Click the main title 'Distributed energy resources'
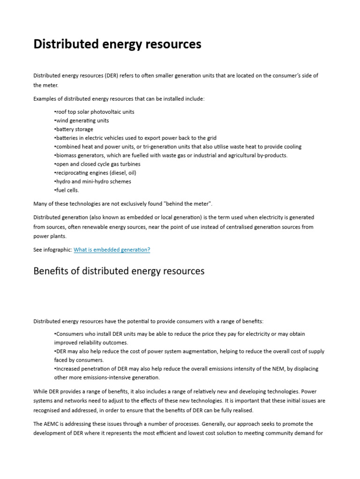click(x=117, y=44)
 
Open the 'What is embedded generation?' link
click(x=112, y=250)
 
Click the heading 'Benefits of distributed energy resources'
click(x=119, y=271)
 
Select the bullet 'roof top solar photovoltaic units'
click(x=95, y=112)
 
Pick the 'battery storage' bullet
click(x=74, y=129)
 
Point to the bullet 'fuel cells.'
click(x=67, y=190)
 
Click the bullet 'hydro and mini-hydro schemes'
click(x=93, y=181)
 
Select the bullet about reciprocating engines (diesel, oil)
click(x=96, y=173)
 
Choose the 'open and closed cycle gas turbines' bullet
click(x=97, y=164)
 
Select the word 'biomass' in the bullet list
click(x=66, y=155)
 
